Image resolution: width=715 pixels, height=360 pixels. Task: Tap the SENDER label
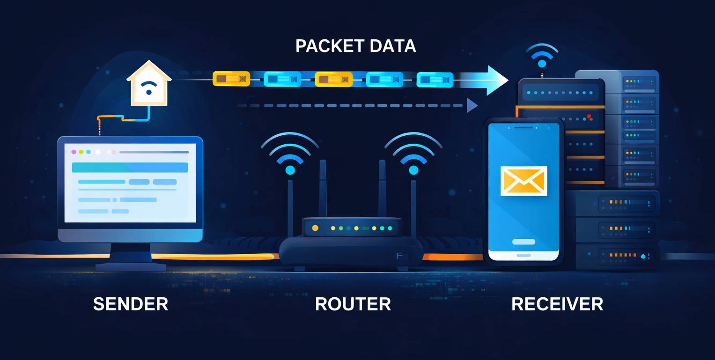point(131,304)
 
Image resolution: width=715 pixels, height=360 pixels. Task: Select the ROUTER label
point(353,304)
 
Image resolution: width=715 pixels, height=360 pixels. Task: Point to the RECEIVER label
point(557,304)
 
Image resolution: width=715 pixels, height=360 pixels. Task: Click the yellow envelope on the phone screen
point(523,181)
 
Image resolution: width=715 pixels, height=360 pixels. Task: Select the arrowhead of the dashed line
point(472,105)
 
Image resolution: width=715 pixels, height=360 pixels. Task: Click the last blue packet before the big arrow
point(435,80)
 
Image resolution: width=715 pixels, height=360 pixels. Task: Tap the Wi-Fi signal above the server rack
point(542,56)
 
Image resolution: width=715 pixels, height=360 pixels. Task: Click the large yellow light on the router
point(315,228)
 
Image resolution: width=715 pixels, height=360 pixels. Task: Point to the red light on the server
point(589,116)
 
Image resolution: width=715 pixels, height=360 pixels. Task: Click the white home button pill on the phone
point(523,242)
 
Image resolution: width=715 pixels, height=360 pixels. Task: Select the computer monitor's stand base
point(131,266)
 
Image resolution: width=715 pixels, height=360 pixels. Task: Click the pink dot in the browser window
point(74,152)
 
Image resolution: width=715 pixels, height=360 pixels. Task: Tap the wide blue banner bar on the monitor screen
point(130,168)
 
